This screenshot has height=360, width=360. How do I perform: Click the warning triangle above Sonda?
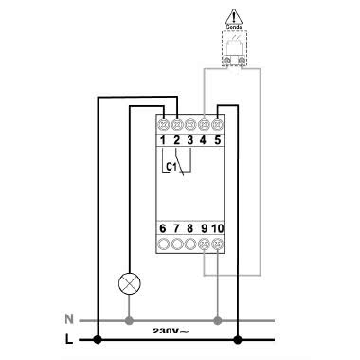coord(233,17)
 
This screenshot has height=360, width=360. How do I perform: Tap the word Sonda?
coord(233,28)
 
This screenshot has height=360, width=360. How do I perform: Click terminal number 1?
coord(163,142)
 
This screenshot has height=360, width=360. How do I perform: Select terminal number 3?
coord(190,142)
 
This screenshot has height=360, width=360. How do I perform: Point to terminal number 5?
coord(219,142)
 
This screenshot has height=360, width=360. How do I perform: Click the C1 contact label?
coord(171,167)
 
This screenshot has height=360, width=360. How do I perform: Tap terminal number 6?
coord(163,228)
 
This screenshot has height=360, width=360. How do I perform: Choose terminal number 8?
coord(190,228)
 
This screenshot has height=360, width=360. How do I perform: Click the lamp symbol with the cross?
coord(126,282)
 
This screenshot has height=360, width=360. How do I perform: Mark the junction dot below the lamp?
coord(126,319)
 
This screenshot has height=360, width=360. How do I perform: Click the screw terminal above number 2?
coord(177,122)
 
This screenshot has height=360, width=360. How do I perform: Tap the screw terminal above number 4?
coord(205,122)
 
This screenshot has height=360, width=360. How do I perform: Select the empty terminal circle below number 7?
coord(177,244)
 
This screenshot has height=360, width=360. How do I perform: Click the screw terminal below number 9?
coord(205,244)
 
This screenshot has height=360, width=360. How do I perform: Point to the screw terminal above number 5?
coord(219,122)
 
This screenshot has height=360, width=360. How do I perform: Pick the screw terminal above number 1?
coord(163,122)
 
